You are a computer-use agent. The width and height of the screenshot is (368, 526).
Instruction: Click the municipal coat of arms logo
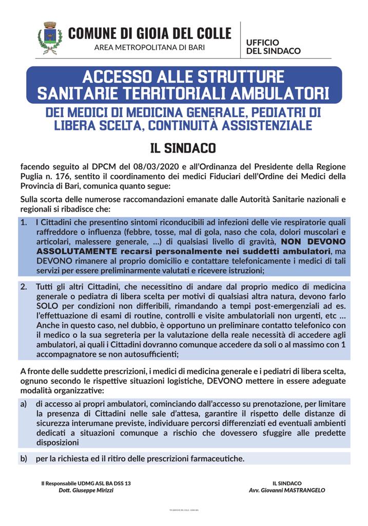pyautogui.click(x=50, y=38)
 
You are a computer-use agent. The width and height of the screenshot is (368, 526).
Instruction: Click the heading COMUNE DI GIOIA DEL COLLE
pyautogui.click(x=149, y=33)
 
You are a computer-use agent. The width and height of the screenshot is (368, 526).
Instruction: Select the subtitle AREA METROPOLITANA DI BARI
pyautogui.click(x=149, y=47)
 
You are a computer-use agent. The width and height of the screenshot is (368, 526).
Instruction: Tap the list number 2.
pyautogui.click(x=24, y=287)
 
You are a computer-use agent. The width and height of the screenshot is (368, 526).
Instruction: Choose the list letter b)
pyautogui.click(x=24, y=458)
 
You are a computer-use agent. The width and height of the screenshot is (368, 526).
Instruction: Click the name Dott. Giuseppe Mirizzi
pyautogui.click(x=86, y=491)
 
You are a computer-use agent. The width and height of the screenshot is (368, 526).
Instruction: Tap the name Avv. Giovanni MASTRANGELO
pyautogui.click(x=287, y=491)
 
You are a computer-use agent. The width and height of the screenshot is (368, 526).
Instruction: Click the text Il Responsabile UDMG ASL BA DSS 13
pyautogui.click(x=86, y=483)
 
